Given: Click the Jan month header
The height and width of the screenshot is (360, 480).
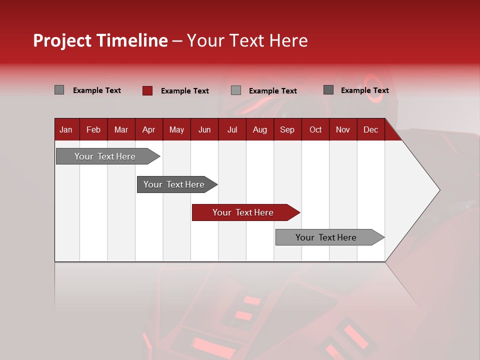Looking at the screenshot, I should click(66, 129).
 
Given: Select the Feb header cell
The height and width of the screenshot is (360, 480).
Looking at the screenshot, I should click(93, 129).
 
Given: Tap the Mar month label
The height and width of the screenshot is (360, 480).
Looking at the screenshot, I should click(121, 129).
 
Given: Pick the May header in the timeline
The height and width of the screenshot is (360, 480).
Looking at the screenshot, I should click(176, 129).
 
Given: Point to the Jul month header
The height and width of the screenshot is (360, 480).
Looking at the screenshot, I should click(232, 129).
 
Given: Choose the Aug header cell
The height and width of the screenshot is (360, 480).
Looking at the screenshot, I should click(259, 129).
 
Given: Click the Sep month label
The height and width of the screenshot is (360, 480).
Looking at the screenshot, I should click(287, 129).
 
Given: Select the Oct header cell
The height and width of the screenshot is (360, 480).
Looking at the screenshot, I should click(315, 129).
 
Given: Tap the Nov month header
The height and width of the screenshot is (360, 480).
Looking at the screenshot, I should click(343, 129).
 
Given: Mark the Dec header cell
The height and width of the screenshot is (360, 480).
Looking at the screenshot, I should click(370, 129).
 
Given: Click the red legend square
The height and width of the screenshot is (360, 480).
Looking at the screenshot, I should click(147, 90).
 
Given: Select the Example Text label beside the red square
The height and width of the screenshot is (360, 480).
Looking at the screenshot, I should click(184, 91).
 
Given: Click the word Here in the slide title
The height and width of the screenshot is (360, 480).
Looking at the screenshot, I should click(288, 40).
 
